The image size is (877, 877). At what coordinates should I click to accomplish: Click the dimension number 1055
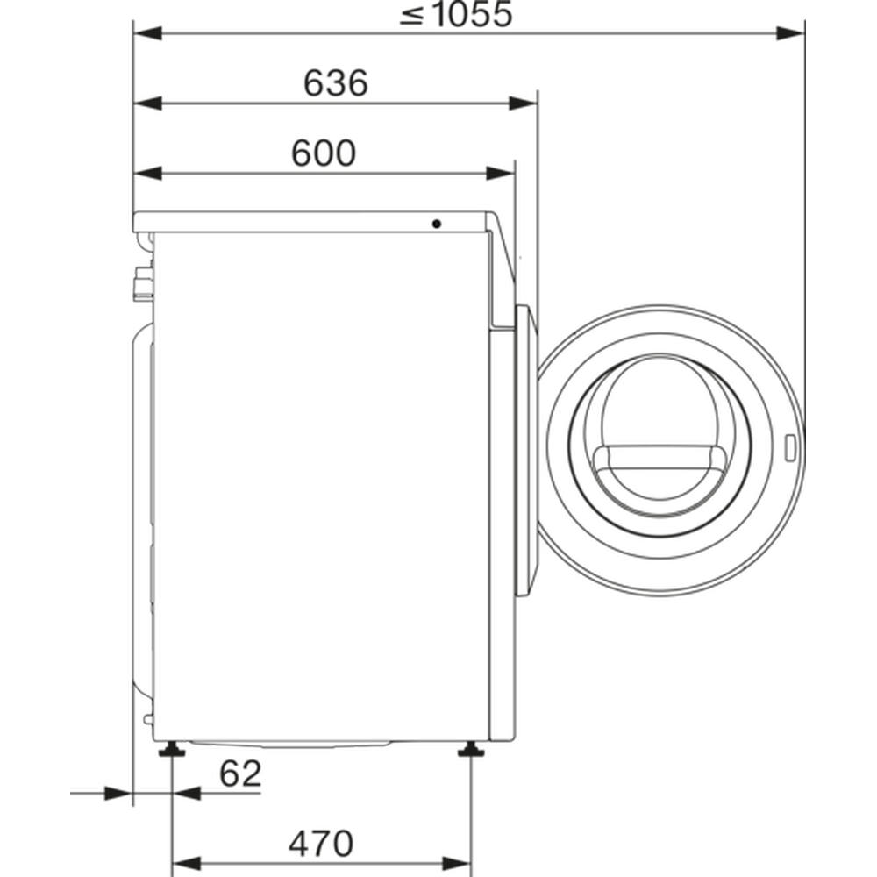[x=474, y=15]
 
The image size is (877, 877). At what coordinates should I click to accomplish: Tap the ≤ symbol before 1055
[x=412, y=16]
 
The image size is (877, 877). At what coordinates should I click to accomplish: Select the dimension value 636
[x=336, y=82]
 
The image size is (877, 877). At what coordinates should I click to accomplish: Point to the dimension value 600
[x=324, y=153]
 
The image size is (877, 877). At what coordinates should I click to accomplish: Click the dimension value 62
[x=240, y=774]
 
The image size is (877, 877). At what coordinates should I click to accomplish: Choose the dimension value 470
[x=321, y=844]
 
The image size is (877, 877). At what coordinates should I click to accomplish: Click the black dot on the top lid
[x=436, y=225]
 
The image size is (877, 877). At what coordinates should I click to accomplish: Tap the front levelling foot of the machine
[x=472, y=750]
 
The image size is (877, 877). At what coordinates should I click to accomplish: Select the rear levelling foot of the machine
[x=172, y=750]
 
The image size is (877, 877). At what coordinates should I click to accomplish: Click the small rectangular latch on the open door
[x=790, y=448]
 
